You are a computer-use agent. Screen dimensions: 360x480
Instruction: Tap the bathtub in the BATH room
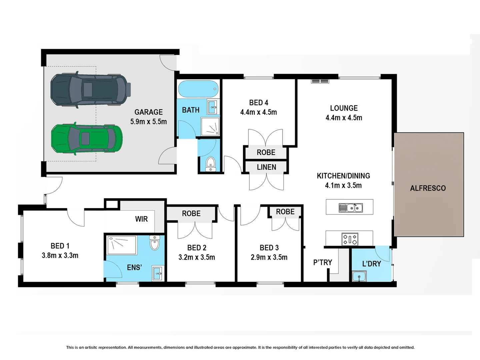tap(198, 89)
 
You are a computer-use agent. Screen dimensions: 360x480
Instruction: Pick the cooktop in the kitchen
tap(350, 239)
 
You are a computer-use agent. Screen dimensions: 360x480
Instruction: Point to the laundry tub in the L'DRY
tap(359, 276)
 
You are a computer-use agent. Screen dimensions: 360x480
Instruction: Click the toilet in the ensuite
tap(154, 243)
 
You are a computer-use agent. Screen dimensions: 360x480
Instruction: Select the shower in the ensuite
tap(121, 245)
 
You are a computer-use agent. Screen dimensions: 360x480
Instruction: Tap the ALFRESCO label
tap(428, 188)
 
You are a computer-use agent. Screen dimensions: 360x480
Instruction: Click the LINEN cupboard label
tap(266, 167)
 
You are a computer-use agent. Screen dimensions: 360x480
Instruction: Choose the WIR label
tap(141, 219)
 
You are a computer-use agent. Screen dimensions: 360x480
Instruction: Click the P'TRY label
tap(323, 263)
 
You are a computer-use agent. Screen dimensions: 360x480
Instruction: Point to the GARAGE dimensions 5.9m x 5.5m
tap(148, 122)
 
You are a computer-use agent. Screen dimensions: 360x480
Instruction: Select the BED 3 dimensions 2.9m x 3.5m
tap(269, 257)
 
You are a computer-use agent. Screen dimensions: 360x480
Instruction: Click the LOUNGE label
tap(344, 108)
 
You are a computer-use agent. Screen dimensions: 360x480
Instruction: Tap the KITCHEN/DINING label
tap(343, 176)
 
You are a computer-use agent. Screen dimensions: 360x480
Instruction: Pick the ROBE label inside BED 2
tap(191, 214)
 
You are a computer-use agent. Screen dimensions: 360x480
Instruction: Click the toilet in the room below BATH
tap(210, 163)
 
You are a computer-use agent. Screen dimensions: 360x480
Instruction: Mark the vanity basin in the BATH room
tap(213, 107)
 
